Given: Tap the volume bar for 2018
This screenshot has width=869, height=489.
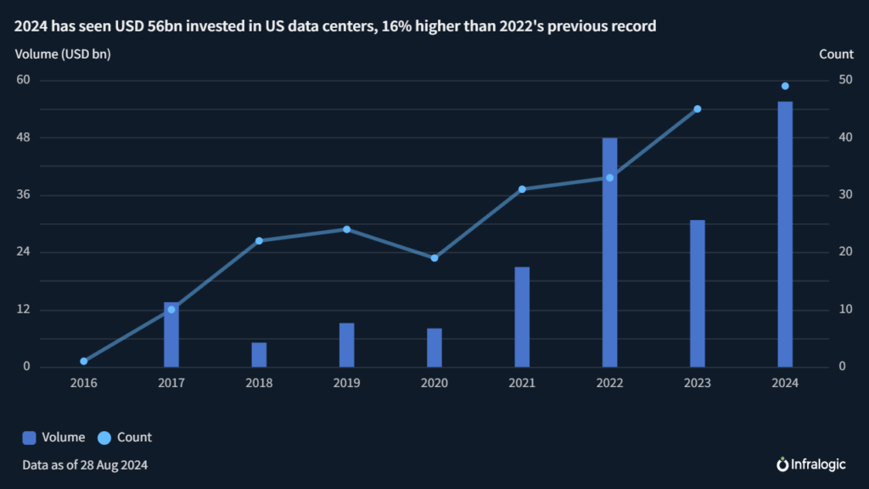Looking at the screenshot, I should [259, 355].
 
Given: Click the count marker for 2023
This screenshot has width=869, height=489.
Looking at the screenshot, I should [698, 109].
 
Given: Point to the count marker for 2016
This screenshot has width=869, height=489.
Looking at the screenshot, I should [83, 361].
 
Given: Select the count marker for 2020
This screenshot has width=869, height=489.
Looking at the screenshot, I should [434, 258].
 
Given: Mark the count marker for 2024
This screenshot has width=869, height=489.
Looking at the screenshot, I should [785, 86].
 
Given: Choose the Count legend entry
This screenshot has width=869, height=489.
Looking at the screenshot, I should [125, 437].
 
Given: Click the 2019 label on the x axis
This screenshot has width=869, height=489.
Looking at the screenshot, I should [346, 383].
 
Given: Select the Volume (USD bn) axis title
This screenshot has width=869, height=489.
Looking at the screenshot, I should [63, 54].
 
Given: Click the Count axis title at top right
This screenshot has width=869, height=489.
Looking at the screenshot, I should [836, 54].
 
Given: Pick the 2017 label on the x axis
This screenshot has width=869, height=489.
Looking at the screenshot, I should [171, 383].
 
